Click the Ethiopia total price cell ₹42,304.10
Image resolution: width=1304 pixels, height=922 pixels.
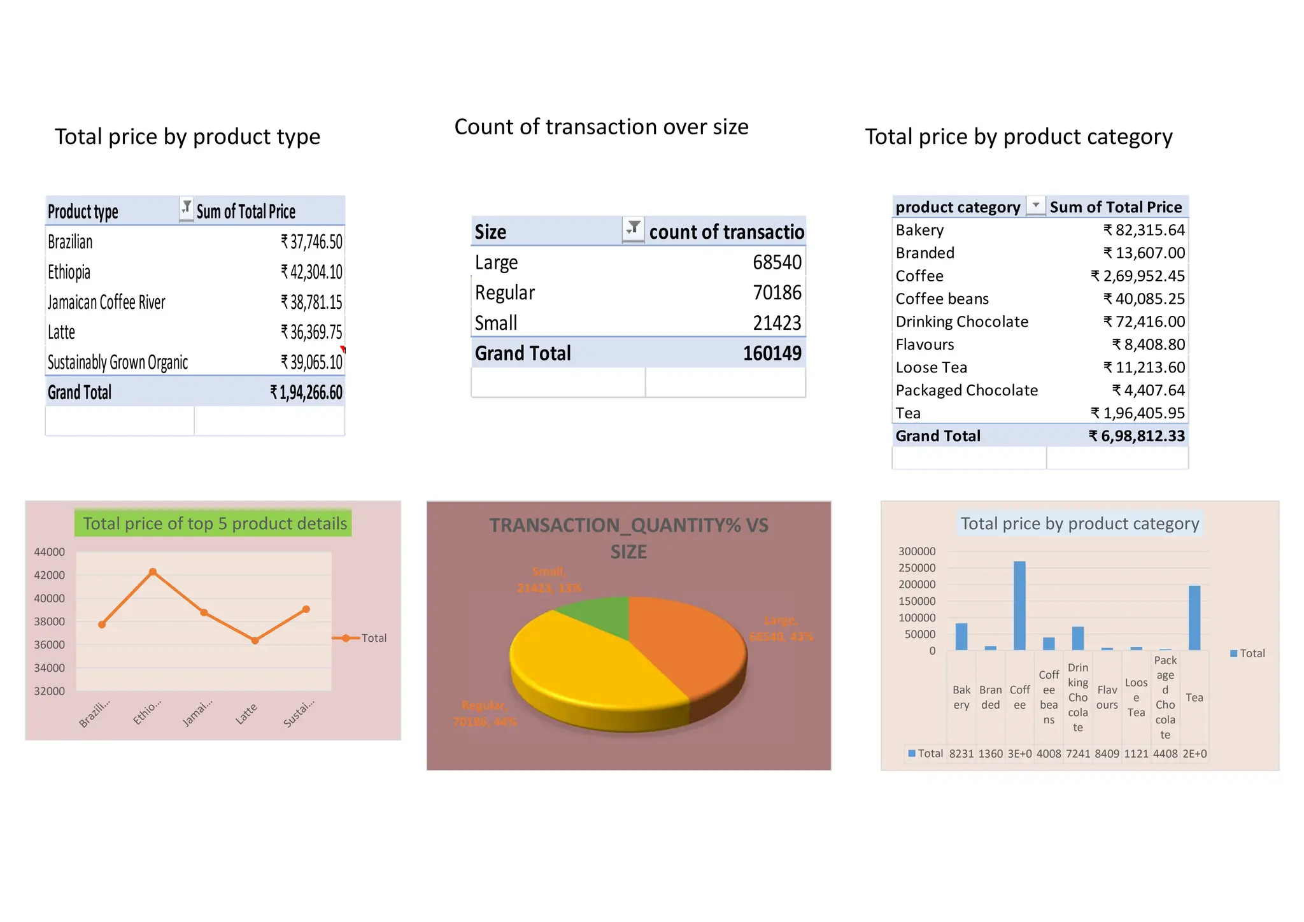click(311, 273)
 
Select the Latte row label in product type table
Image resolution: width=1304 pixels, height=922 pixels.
click(62, 332)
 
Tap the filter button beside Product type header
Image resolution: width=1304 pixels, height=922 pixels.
click(186, 208)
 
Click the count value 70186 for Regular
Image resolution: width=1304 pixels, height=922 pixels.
click(777, 293)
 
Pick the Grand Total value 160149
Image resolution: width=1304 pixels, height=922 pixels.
click(772, 353)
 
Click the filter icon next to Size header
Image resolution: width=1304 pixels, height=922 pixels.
click(633, 229)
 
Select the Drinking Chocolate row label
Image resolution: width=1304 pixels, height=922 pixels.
click(961, 322)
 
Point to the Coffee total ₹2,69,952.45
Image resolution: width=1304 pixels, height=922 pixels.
click(1137, 276)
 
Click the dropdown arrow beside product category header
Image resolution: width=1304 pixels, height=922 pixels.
click(1036, 206)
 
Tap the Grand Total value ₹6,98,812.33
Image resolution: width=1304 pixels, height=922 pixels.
click(1137, 436)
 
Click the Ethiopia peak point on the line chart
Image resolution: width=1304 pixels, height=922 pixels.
click(153, 572)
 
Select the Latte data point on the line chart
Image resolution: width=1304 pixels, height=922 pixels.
click(255, 641)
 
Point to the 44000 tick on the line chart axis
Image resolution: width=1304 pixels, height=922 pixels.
click(49, 552)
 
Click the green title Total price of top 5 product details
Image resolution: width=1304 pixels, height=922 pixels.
click(214, 523)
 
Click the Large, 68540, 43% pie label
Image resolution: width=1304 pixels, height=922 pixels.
click(781, 628)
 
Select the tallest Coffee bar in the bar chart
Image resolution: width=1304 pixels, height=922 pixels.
click(1019, 605)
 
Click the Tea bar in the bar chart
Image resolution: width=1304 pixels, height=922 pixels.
click(1194, 618)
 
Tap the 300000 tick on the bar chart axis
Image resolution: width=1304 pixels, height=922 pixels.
click(916, 551)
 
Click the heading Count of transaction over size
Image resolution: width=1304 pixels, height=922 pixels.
click(601, 127)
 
